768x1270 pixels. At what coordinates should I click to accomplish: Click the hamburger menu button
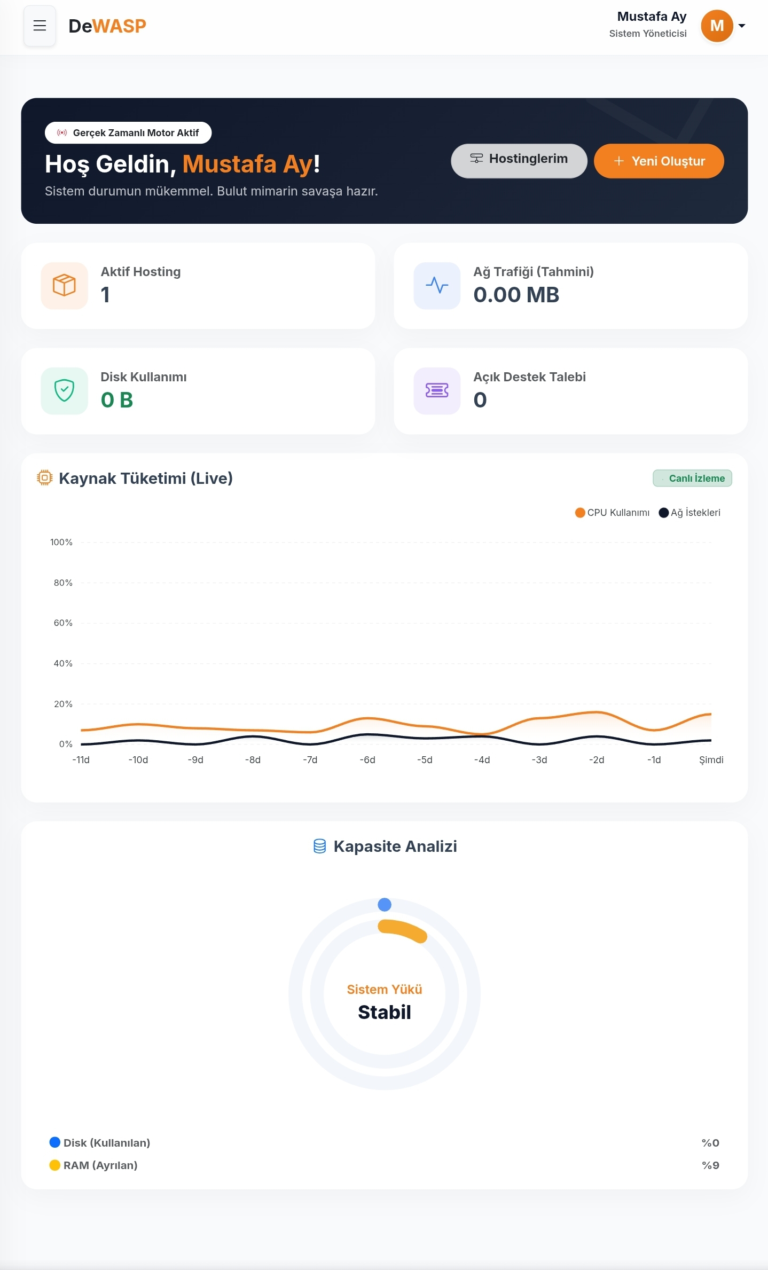click(x=40, y=26)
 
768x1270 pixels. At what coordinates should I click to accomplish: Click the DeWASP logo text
click(x=107, y=26)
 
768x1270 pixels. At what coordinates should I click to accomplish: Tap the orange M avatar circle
click(x=717, y=26)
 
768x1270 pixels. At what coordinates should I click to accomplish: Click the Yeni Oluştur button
click(x=659, y=161)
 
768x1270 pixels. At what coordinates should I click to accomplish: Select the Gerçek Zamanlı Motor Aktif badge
click(x=128, y=133)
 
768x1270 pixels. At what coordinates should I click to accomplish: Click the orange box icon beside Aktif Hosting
click(x=64, y=285)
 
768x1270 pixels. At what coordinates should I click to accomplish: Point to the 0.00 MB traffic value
click(x=516, y=295)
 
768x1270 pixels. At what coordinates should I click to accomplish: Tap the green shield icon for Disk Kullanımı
click(x=64, y=390)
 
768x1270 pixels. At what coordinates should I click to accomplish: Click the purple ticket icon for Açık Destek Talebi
click(x=437, y=390)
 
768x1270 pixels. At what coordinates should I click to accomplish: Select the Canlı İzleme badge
click(x=692, y=478)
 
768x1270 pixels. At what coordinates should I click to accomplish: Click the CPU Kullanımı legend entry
click(x=612, y=513)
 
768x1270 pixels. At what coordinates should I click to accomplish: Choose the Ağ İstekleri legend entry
click(x=689, y=513)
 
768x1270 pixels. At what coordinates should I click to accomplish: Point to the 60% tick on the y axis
click(x=63, y=623)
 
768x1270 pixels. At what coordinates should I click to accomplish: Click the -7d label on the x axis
click(x=310, y=759)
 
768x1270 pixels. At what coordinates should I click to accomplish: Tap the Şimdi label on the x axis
click(x=711, y=759)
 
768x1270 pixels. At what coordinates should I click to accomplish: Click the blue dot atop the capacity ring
click(x=385, y=904)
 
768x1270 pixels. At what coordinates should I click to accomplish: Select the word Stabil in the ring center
click(x=385, y=1012)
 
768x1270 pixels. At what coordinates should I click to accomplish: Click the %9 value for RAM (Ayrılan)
click(x=710, y=1165)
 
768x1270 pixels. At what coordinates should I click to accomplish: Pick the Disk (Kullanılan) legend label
click(x=107, y=1143)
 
